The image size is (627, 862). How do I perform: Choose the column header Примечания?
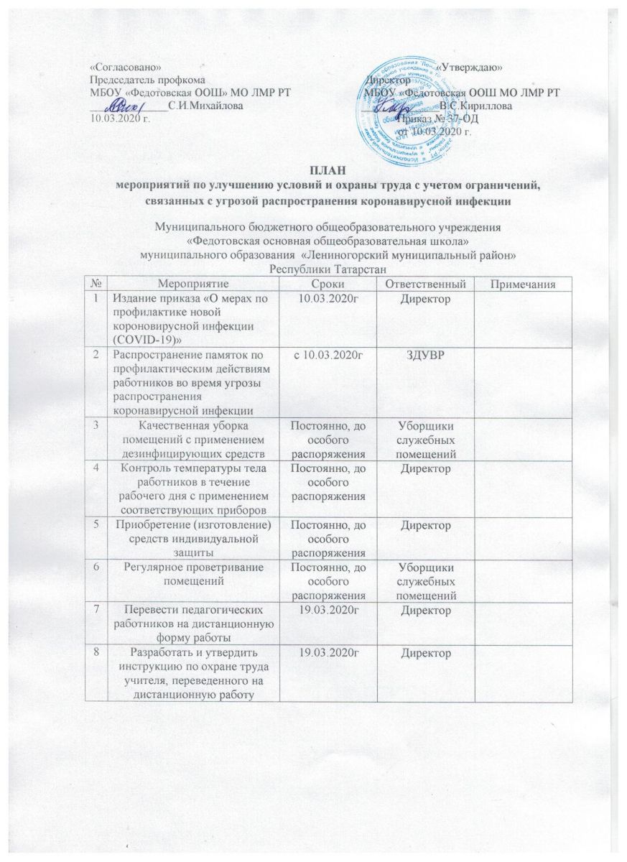[x=525, y=286]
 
